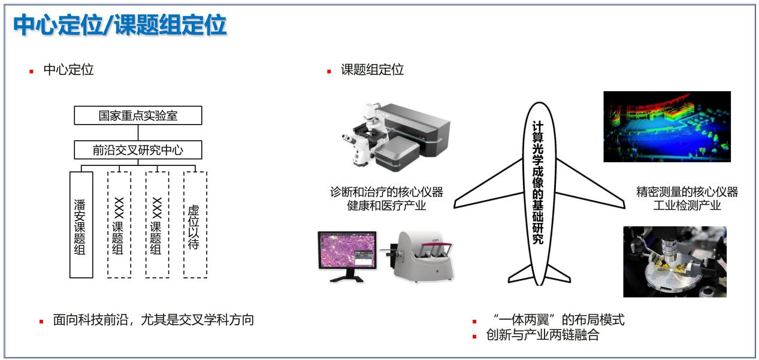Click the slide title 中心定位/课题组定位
[x=120, y=25]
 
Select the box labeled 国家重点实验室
[x=138, y=115]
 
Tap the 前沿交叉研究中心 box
[x=138, y=150]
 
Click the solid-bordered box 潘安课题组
[x=81, y=225]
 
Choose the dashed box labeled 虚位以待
[x=195, y=225]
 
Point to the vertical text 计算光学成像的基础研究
[x=538, y=183]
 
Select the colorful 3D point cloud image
[x=667, y=126]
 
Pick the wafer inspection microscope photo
[x=675, y=262]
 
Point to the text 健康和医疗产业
[x=386, y=205]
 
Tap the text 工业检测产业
[x=687, y=205]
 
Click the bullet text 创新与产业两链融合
[x=543, y=335]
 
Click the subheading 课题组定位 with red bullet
[x=372, y=69]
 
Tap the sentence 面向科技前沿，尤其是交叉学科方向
[x=153, y=320]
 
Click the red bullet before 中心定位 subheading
[x=32, y=71]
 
